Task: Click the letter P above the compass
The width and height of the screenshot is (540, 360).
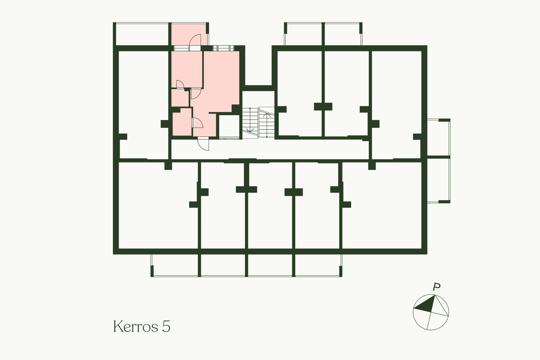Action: tap(436, 287)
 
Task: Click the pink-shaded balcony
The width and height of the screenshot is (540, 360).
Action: tap(189, 34)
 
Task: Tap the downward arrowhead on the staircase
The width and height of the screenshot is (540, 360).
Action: tap(249, 130)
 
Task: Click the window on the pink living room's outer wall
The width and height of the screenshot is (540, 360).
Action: tap(222, 48)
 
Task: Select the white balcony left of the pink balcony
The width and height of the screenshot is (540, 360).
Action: tap(142, 34)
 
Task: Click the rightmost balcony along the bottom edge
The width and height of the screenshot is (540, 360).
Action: tap(318, 265)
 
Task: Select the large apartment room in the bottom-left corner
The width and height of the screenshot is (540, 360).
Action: tap(157, 205)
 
